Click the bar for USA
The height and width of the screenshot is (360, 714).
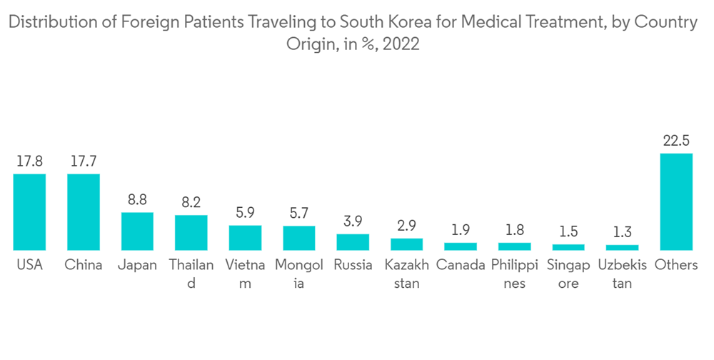pyautogui.click(x=29, y=211)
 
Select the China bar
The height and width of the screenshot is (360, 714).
pyautogui.click(x=84, y=211)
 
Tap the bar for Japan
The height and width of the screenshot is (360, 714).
pyautogui.click(x=137, y=231)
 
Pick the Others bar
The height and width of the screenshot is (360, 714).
pyautogui.click(x=676, y=201)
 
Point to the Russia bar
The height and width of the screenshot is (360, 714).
pyautogui.click(x=353, y=241)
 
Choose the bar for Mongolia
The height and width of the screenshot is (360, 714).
pyautogui.click(x=299, y=238)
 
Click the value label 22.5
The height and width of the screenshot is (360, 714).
pyautogui.click(x=676, y=140)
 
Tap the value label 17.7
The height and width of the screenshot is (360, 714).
pyautogui.click(x=84, y=161)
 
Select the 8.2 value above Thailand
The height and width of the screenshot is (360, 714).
pyautogui.click(x=191, y=202)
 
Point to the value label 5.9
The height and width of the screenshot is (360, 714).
pyautogui.click(x=245, y=212)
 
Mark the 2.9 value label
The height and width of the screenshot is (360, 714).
pyautogui.click(x=407, y=226)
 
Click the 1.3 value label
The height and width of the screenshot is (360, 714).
pyautogui.click(x=623, y=231)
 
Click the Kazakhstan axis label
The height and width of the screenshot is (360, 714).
pyautogui.click(x=407, y=274)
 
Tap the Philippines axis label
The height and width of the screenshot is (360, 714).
pyautogui.click(x=514, y=274)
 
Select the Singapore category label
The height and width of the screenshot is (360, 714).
pyautogui.click(x=568, y=274)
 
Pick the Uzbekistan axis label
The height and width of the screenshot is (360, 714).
pyautogui.click(x=623, y=274)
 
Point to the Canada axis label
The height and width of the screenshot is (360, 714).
pyautogui.click(x=461, y=265)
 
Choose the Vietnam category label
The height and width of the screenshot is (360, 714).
pyautogui.click(x=245, y=274)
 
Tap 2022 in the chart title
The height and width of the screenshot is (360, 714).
pyautogui.click(x=401, y=44)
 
